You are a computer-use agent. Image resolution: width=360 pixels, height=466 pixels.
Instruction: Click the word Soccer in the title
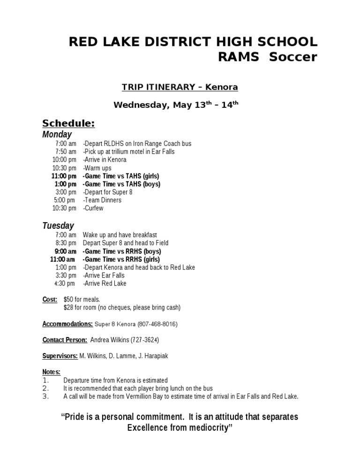click(289, 57)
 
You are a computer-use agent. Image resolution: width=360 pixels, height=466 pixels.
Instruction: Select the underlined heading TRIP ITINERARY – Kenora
click(180, 87)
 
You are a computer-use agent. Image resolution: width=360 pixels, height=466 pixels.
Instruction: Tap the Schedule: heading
click(68, 123)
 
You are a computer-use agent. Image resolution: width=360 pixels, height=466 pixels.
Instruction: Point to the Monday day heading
click(57, 135)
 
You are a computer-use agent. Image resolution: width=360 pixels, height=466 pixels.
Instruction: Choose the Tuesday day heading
click(58, 225)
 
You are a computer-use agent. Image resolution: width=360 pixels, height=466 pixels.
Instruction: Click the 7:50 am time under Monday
click(66, 152)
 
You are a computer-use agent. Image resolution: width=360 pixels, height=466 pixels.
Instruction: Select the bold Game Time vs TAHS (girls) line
click(121, 176)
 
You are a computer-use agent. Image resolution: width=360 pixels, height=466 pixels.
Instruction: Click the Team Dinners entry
click(102, 200)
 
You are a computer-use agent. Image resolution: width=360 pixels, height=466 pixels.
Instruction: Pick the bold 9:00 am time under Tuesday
click(65, 251)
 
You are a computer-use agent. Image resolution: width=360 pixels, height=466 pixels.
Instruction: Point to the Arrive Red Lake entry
click(105, 284)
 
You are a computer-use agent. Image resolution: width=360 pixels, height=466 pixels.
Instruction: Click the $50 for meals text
click(82, 300)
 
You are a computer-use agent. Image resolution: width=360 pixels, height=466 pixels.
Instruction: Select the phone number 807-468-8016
click(157, 324)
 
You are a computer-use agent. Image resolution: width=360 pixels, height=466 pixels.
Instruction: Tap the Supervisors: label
click(60, 356)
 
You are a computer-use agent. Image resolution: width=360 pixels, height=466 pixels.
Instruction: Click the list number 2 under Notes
click(45, 388)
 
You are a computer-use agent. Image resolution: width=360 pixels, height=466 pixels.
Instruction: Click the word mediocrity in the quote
click(205, 428)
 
